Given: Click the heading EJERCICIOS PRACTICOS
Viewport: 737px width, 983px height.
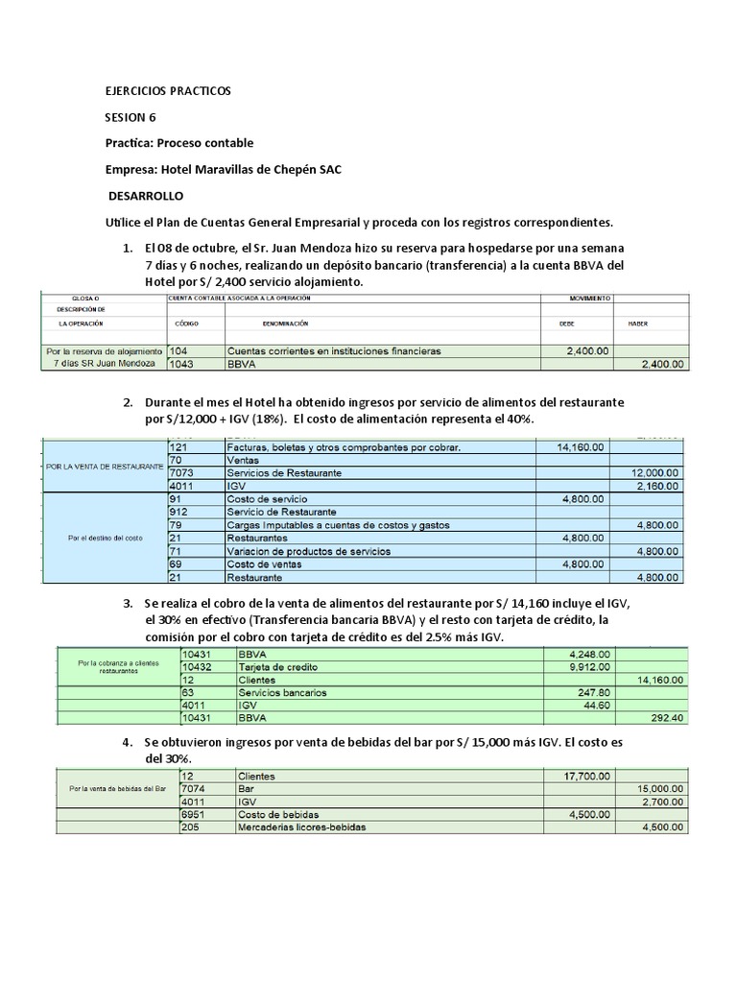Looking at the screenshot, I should click(168, 91).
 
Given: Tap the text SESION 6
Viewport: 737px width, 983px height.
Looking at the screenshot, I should click(130, 117).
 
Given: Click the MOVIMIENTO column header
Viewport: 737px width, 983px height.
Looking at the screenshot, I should click(589, 299).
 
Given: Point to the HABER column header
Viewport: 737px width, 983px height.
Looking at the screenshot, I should click(639, 324).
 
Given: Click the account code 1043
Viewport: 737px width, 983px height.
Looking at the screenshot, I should click(181, 365).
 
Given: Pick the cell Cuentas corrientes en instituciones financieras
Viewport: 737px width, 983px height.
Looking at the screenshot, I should click(333, 351).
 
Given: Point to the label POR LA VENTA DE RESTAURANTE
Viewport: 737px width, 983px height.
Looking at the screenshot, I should click(104, 466).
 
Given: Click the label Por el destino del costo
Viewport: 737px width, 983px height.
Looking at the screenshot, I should click(106, 538).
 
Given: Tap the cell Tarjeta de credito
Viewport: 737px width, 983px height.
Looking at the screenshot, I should click(278, 666).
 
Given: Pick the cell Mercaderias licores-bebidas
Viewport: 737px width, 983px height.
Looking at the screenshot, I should click(303, 827).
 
